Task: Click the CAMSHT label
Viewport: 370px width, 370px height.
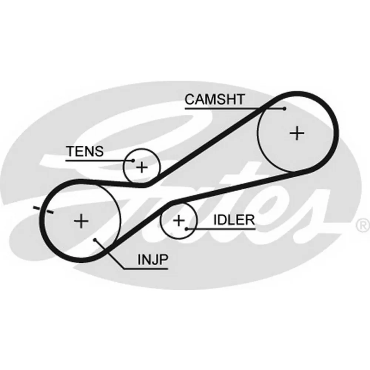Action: pos(215,99)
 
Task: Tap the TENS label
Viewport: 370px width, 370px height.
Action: pos(85,151)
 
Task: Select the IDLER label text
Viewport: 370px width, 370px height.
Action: pos(234,220)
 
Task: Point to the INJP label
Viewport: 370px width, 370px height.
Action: pos(153,260)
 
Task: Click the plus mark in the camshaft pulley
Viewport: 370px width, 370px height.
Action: pos(297,133)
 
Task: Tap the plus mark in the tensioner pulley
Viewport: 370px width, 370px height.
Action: pos(142,167)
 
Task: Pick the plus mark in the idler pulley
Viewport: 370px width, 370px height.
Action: pos(179,221)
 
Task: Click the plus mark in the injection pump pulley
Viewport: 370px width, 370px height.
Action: pos(81,221)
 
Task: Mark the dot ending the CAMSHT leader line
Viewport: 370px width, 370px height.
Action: pos(285,108)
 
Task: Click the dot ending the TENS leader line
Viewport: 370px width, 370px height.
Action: pos(133,161)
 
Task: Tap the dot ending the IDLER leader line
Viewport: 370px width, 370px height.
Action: pos(186,229)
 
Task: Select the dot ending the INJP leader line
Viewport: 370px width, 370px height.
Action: pos(95,240)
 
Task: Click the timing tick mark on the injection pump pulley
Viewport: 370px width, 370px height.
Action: pos(43,210)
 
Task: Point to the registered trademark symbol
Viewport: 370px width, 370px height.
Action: pos(363,225)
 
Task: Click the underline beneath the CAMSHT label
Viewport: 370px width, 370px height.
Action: pos(235,108)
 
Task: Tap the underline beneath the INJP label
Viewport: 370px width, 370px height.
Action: pos(146,269)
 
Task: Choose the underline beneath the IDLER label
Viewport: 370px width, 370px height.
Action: pos(221,229)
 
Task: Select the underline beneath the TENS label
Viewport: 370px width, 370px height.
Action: pos(99,161)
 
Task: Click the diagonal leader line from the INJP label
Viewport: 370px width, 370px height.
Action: pos(109,254)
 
